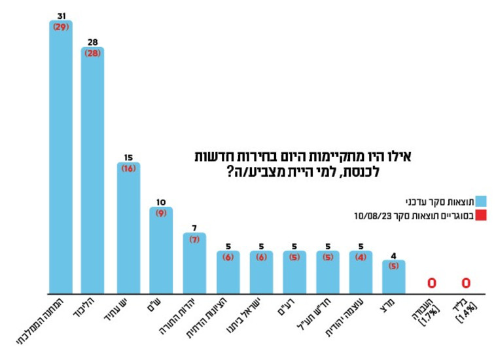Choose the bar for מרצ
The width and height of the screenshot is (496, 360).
coord(393,278)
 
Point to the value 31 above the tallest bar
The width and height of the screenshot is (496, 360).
coord(61,16)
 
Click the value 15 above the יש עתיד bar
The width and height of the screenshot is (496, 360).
coord(129,158)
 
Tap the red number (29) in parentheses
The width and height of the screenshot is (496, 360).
coord(61,27)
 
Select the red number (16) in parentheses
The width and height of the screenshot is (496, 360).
coord(129,169)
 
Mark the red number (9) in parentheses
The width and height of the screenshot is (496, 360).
coord(161,213)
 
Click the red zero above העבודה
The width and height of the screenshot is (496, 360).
coord(432,283)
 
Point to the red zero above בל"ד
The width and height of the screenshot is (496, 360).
coord(466,283)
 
